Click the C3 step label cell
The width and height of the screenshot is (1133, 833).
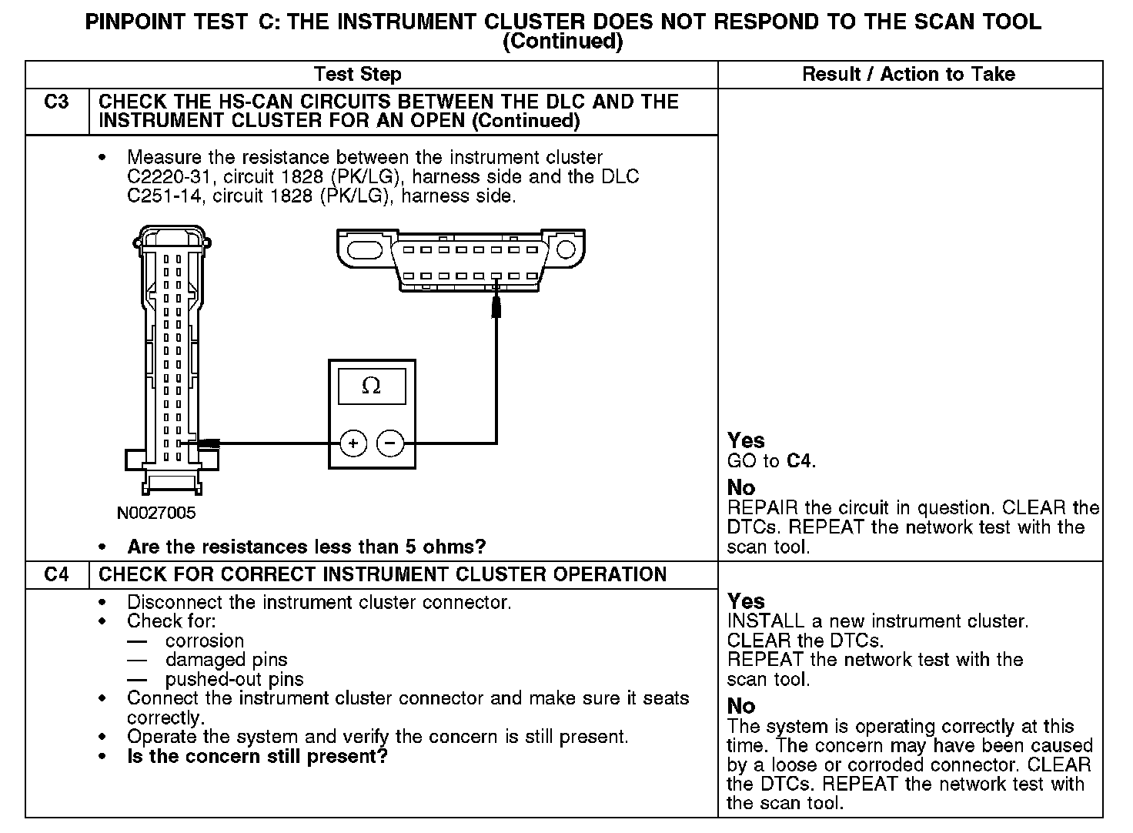56,102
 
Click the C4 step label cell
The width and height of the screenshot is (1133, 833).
56,575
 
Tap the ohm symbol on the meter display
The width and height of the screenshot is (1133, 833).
371,386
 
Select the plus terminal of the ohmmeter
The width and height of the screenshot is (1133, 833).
353,443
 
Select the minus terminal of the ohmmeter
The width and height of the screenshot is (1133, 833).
390,443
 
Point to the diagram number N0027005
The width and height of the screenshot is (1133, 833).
156,512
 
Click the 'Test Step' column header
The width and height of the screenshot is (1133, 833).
358,75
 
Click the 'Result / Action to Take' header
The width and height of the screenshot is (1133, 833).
908,75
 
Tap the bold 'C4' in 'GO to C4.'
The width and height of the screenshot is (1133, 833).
799,461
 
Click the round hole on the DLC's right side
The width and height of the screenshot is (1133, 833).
566,249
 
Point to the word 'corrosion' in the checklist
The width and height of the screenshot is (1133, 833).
205,641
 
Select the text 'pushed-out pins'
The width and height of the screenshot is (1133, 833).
234,679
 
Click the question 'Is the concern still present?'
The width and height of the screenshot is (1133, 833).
257,756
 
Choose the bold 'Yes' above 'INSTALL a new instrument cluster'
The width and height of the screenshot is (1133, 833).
746,601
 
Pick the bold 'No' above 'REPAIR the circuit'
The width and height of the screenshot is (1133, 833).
741,487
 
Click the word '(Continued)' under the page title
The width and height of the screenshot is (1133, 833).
562,42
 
